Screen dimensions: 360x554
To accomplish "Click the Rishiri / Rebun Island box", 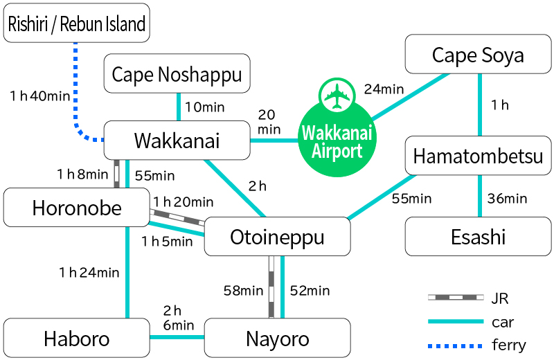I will (x=76, y=24).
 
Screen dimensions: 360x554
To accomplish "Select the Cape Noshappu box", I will (x=177, y=74).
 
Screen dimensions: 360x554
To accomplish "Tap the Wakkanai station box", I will (x=177, y=141).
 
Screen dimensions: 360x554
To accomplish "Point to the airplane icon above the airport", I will (x=337, y=96).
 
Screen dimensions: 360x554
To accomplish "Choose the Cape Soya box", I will (x=478, y=55).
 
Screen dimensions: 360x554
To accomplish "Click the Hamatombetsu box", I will (x=478, y=156).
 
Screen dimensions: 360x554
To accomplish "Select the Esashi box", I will (x=478, y=237).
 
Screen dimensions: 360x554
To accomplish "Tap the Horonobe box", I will (x=76, y=207).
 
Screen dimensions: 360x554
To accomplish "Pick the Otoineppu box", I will (x=277, y=237).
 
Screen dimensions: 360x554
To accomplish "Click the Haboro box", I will (x=76, y=339).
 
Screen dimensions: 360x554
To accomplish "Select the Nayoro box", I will (x=277, y=339).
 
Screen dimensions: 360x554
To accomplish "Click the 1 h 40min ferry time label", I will (x=40, y=96).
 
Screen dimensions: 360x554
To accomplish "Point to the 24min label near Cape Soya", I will (x=384, y=89).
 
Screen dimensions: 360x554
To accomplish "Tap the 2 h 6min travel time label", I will (x=177, y=317).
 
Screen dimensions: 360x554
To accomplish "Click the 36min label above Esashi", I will (x=508, y=199).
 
